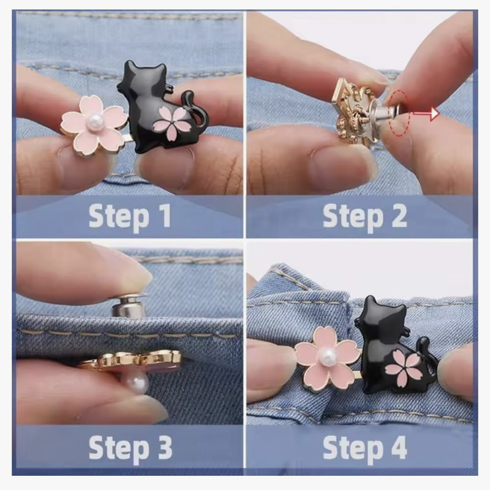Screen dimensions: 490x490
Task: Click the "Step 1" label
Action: (130, 216)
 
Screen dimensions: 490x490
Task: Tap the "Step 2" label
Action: (364, 216)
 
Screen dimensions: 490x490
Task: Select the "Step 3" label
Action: (130, 447)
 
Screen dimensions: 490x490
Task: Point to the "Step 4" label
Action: (364, 447)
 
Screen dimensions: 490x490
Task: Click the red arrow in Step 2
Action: (426, 114)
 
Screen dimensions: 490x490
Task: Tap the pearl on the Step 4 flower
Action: (328, 355)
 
